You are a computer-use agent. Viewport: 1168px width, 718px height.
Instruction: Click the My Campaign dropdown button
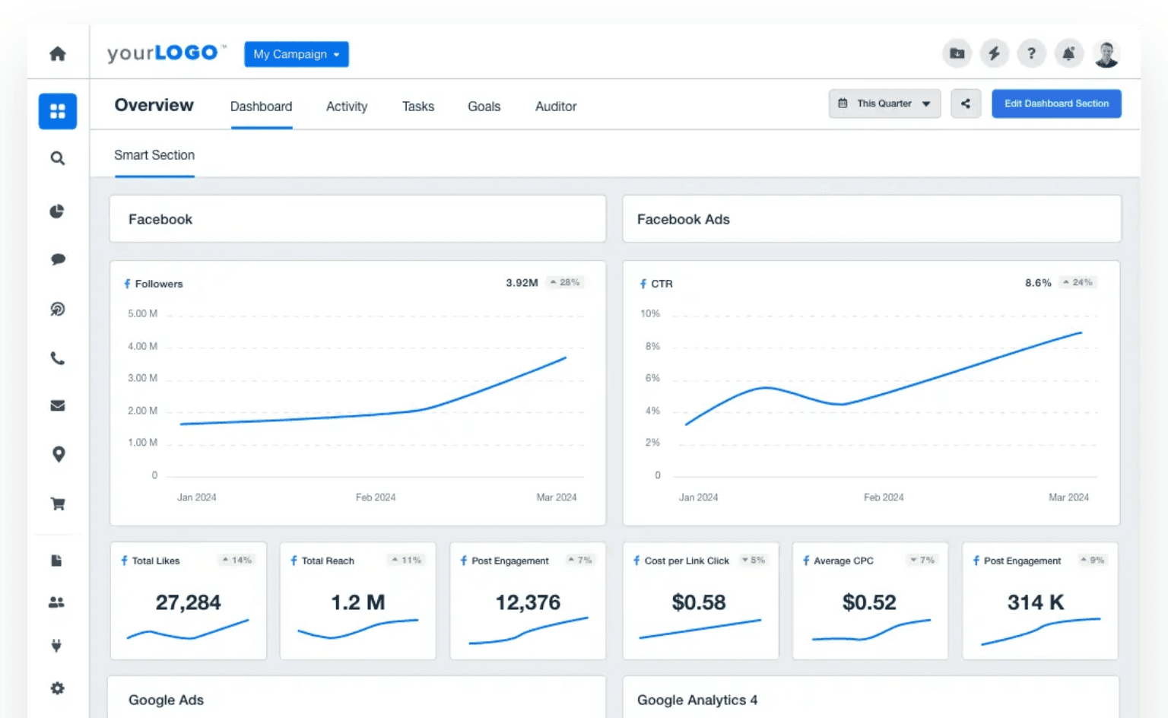(x=296, y=54)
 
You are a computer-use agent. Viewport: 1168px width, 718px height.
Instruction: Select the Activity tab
(x=346, y=106)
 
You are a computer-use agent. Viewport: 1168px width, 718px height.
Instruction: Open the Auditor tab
(x=555, y=106)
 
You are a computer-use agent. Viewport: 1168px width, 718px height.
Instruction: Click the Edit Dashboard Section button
(x=1055, y=103)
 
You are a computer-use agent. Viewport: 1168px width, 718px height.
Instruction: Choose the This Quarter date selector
(x=884, y=103)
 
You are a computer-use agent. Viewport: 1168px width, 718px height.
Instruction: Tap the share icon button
(x=965, y=103)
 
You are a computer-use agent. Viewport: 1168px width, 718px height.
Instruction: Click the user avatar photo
(x=1106, y=54)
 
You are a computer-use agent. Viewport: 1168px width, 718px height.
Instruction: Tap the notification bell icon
(x=1068, y=53)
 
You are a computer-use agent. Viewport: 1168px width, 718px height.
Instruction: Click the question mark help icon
(x=1031, y=53)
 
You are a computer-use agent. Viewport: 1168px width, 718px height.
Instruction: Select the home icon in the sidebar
(x=58, y=54)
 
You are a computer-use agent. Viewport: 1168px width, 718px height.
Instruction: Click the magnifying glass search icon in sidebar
(x=58, y=158)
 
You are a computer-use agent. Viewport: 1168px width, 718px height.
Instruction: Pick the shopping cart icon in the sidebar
(x=58, y=504)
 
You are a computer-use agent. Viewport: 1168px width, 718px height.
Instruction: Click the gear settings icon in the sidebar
(x=58, y=688)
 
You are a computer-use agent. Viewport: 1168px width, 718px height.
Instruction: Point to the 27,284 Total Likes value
(x=188, y=602)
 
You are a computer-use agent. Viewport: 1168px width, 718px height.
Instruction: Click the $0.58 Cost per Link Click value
(x=698, y=602)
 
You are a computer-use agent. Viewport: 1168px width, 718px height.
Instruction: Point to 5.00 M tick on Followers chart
(x=142, y=313)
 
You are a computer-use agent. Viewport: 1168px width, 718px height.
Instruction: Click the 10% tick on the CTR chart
(x=650, y=313)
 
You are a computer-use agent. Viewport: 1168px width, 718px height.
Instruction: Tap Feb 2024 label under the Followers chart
(x=376, y=497)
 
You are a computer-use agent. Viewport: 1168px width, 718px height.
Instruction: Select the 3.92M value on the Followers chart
(x=522, y=283)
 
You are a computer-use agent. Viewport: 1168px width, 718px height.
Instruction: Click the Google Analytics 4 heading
(x=697, y=700)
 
